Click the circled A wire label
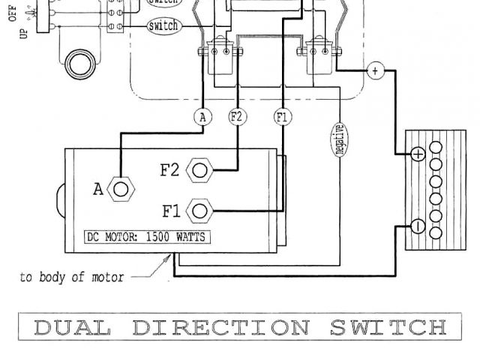(x=203, y=117)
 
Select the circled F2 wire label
(x=237, y=117)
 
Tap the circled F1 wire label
(x=282, y=117)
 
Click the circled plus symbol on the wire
(x=375, y=71)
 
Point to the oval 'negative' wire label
(x=339, y=139)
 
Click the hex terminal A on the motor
(x=120, y=188)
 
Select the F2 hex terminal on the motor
(x=199, y=170)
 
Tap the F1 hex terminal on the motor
(x=199, y=209)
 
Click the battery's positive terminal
(x=418, y=154)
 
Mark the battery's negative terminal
(x=418, y=226)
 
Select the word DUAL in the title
(x=72, y=328)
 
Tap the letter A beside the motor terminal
(x=98, y=190)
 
